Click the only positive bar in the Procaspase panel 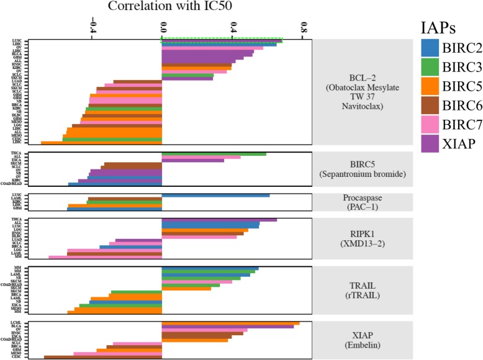coord(215,196)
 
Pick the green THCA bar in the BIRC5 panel coord(214,154)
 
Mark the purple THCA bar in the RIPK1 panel coord(219,220)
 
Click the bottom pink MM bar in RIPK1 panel coord(105,256)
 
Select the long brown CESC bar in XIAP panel coord(103,357)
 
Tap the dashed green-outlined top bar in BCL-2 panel coord(222,40)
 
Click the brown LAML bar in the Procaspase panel coord(125,199)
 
